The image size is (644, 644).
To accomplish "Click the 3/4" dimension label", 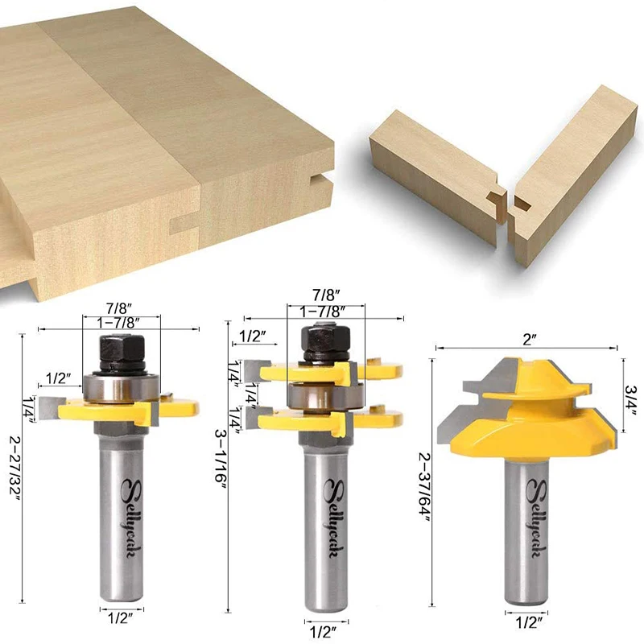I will (x=630, y=400).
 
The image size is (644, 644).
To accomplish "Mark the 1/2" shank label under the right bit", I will (x=526, y=621).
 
